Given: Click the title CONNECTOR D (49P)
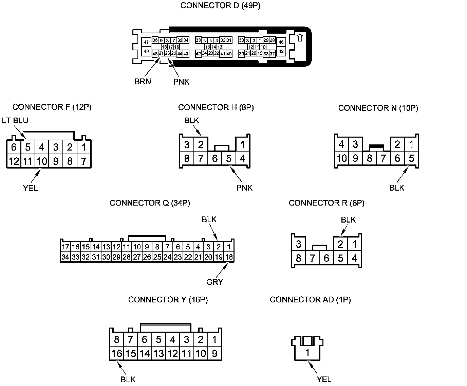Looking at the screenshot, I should [220, 5].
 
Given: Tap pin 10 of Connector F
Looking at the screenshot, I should [42, 161].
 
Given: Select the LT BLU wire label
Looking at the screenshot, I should [15, 120].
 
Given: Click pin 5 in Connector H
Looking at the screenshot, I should [229, 158].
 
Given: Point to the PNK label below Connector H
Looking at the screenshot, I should [244, 188].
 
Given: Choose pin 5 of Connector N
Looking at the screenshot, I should [411, 158].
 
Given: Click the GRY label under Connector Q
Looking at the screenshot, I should [215, 282].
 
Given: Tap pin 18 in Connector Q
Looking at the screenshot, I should [229, 257].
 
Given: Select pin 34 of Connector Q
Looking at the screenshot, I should [65, 257].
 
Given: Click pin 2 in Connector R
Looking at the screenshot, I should [340, 244].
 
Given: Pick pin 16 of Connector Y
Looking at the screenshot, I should [116, 353].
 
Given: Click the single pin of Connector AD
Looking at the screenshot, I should [307, 353].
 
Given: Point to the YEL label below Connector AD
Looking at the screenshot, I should [324, 379].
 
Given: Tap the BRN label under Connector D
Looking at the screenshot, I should [143, 82].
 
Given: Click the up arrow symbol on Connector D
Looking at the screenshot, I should [300, 37].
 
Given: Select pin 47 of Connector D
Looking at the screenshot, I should [146, 42].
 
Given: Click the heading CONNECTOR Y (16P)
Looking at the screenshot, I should [168, 300].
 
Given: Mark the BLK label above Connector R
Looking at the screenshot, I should [348, 220].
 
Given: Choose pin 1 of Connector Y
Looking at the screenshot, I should [214, 339].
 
